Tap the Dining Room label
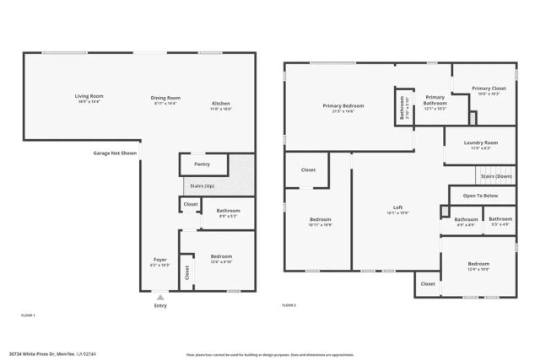[x=165, y=99]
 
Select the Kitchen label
[x=220, y=106]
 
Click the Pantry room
[x=202, y=164]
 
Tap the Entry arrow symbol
[x=159, y=297]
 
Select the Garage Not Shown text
[x=115, y=153]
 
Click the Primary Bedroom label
[x=343, y=107]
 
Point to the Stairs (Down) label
[x=498, y=176]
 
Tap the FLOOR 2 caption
[x=289, y=304]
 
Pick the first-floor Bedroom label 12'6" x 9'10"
[x=220, y=258]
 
